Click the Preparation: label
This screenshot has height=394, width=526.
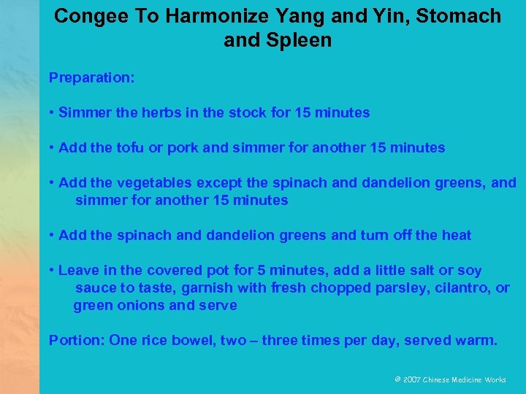pyautogui.click(x=91, y=77)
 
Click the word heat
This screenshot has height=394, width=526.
pyautogui.click(x=455, y=235)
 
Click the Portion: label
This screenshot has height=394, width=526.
pyautogui.click(x=76, y=340)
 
